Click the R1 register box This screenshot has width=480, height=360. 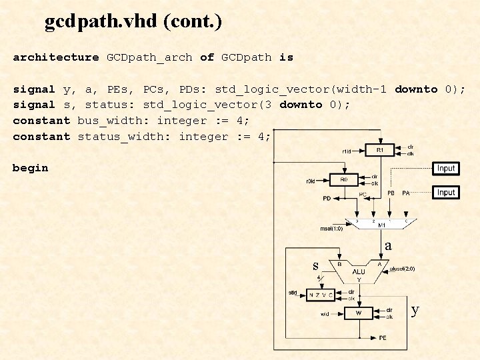[379, 150]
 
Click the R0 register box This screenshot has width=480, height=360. [343, 180]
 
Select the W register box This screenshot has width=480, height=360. [358, 313]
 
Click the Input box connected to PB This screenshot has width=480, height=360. [446, 169]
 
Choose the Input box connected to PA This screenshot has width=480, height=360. [446, 193]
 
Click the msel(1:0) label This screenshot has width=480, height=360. [331, 229]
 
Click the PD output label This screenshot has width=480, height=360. [327, 199]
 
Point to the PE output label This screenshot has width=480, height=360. [382, 338]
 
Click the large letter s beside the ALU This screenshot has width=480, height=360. [316, 265]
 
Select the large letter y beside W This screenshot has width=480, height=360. [415, 310]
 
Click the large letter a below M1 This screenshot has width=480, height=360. [388, 246]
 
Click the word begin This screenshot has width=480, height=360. [30, 168]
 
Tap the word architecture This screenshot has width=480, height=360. [56, 57]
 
